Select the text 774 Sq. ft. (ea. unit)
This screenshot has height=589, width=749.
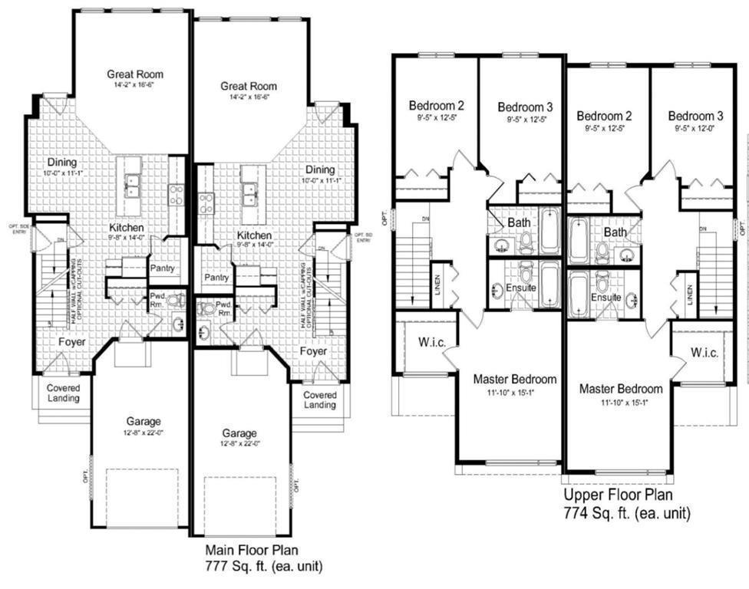626,513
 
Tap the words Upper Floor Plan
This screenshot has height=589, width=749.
619,496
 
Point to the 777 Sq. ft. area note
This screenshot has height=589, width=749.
262,567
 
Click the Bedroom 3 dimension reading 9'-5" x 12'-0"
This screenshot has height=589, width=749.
695,129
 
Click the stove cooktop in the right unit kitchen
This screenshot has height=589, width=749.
206,203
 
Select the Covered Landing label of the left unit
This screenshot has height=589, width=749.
63,393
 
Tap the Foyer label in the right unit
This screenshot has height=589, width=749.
313,350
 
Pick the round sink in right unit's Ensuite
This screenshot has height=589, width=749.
632,299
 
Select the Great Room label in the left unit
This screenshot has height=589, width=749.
135,74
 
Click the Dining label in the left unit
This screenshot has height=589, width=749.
62,162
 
